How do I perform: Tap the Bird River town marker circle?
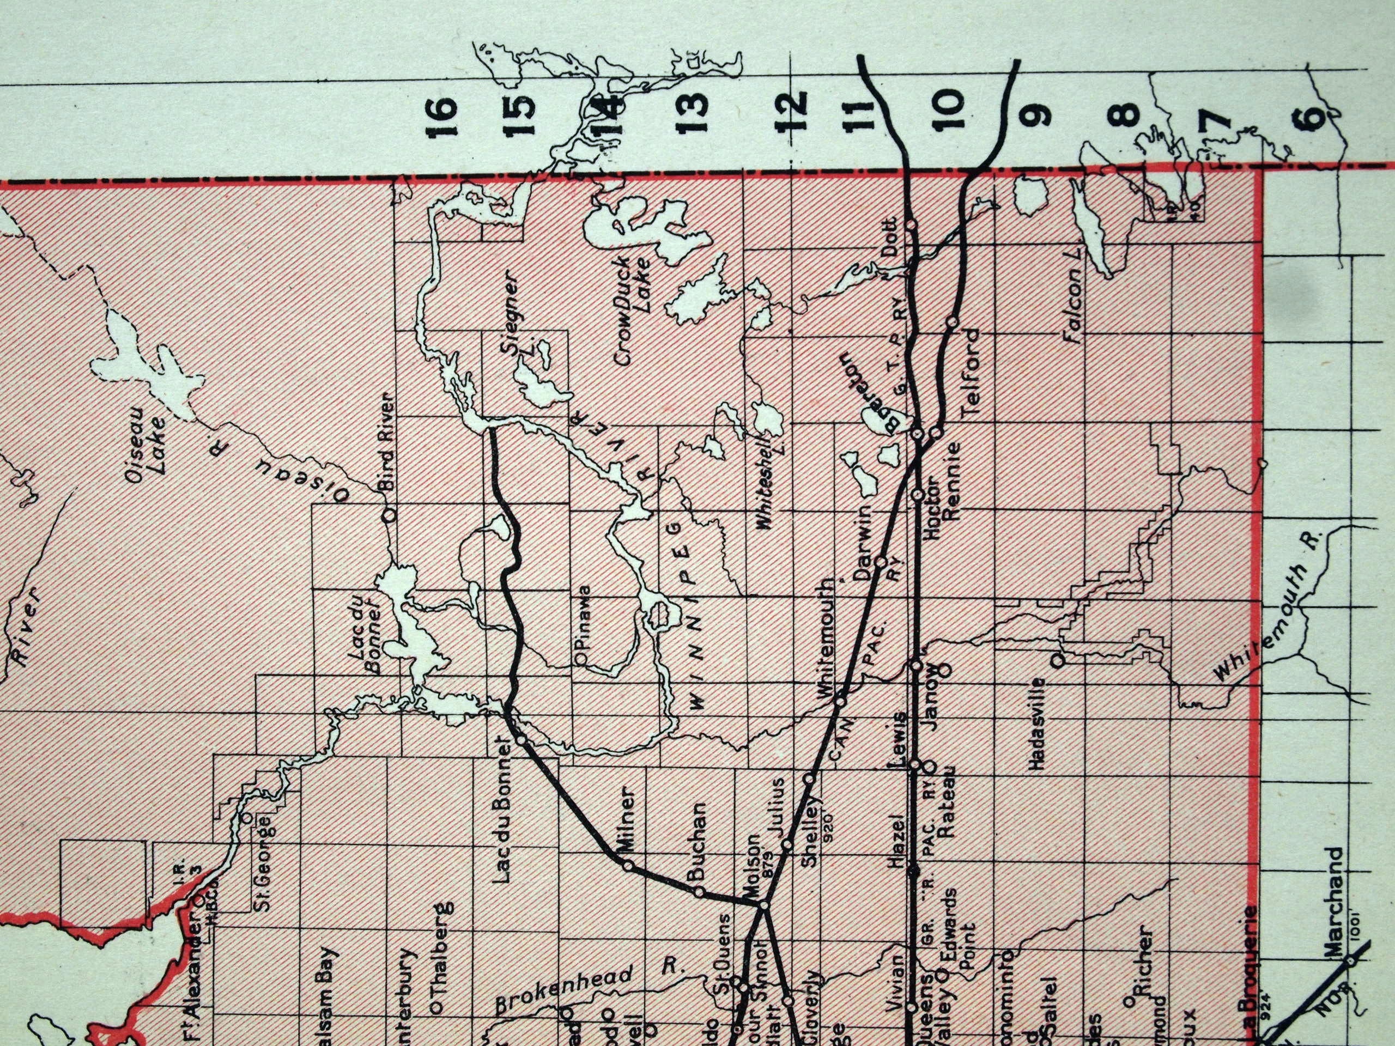point(390,515)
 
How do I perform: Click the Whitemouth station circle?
point(840,701)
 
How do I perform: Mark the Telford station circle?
point(953,322)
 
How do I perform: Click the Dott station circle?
point(911,225)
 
